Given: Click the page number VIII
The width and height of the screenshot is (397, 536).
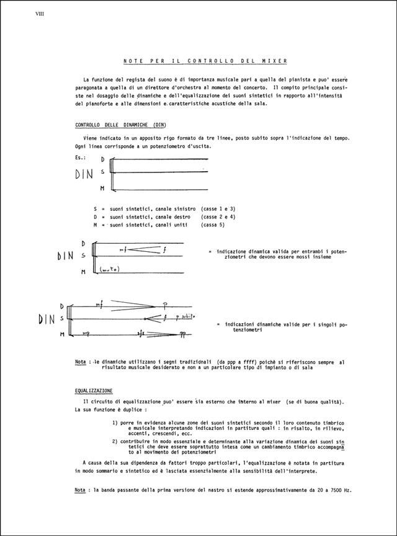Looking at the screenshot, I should click(x=43, y=12).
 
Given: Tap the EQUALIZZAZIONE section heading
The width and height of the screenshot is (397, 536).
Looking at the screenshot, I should click(x=93, y=391).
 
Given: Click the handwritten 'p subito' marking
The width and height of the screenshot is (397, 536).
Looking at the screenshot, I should click(x=185, y=316).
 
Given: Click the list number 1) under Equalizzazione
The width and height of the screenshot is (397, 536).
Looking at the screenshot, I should click(x=115, y=422).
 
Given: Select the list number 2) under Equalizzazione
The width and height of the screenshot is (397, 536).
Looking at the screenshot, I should click(x=115, y=442).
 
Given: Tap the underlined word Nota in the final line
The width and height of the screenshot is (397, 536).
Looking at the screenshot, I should click(x=80, y=490).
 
